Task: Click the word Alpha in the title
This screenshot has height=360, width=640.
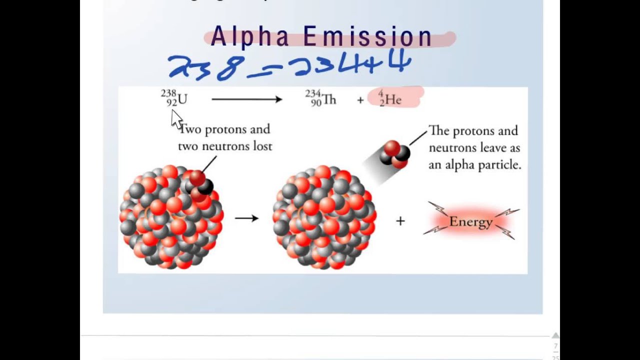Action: click(x=250, y=37)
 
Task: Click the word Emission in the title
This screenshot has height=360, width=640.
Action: click(x=367, y=37)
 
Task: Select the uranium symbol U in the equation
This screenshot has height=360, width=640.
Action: click(x=182, y=99)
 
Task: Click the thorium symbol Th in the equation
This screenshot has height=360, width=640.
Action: click(x=329, y=100)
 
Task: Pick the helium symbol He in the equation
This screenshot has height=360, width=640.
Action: click(x=393, y=100)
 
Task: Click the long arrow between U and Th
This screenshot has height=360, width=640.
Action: click(x=246, y=99)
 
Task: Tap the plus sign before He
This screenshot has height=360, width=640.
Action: click(x=360, y=100)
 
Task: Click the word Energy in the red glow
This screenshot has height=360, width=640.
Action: click(x=470, y=221)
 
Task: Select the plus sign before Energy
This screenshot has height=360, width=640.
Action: click(x=400, y=221)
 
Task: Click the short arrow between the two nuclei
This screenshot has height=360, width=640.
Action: click(x=246, y=218)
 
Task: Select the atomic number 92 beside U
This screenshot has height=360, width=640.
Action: click(x=172, y=103)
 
